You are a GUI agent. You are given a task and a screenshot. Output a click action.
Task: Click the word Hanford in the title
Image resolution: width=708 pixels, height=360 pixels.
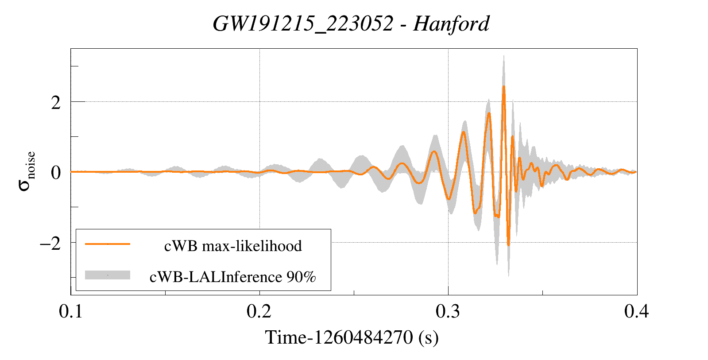coord(451,23)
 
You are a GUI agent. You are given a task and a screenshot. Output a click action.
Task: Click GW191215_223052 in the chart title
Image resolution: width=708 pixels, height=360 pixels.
coord(303,23)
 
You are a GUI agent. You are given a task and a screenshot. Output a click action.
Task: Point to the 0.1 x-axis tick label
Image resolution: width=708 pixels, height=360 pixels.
coord(71,312)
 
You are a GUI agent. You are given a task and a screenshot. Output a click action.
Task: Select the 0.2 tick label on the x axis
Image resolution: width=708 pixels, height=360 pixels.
coord(259,312)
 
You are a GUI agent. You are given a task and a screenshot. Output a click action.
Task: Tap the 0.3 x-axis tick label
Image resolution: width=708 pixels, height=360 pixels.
coord(448,312)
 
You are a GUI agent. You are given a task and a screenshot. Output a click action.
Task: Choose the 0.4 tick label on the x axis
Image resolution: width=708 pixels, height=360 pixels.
coord(636,312)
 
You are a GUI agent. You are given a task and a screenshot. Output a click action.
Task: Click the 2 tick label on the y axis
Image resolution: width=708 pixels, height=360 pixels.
coord(56,103)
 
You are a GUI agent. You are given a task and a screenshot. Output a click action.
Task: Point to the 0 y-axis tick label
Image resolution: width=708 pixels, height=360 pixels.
coord(56,173)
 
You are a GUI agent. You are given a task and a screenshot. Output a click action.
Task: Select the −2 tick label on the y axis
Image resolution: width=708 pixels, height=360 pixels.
coord(50,244)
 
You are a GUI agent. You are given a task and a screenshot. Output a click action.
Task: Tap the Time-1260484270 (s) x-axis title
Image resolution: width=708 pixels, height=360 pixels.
coord(352,338)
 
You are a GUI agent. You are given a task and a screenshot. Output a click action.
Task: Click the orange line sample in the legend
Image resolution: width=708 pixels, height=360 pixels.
coord(108,244)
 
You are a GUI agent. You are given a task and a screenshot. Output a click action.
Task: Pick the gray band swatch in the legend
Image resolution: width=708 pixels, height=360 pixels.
coord(108,275)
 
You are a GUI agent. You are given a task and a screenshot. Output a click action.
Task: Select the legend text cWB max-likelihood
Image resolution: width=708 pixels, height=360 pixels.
coord(233,246)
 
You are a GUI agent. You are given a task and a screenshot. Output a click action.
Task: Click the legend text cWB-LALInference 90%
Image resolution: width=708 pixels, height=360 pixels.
coord(233,277)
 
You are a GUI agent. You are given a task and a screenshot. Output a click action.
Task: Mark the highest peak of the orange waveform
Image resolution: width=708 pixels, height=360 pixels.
coord(503,86)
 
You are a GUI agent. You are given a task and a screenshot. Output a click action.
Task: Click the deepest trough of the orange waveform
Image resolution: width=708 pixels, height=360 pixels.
coord(508,245)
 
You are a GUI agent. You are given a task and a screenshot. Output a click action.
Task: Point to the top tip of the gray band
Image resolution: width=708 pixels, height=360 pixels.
coord(503,56)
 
